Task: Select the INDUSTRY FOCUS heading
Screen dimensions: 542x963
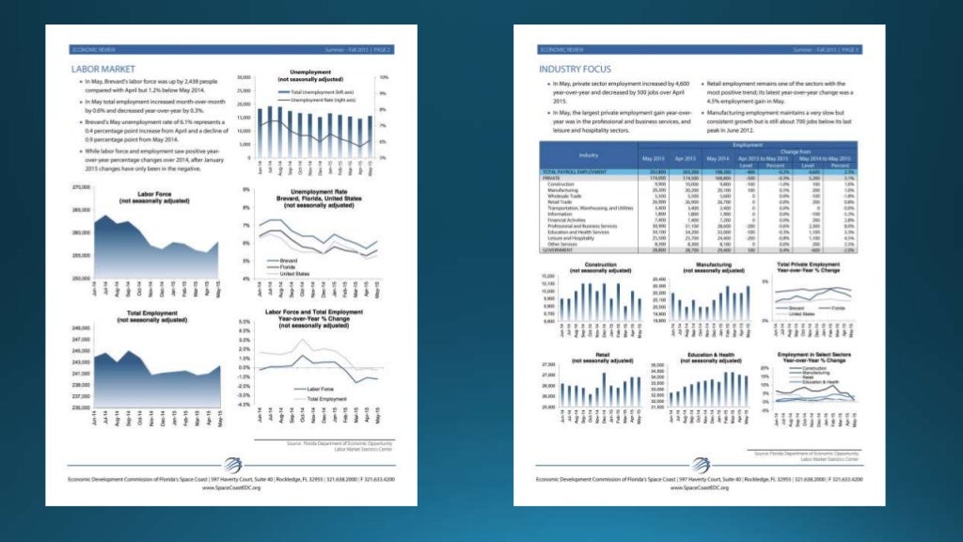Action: (575, 69)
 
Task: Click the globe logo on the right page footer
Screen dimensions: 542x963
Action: (701, 464)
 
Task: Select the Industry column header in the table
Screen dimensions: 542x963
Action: (589, 153)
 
